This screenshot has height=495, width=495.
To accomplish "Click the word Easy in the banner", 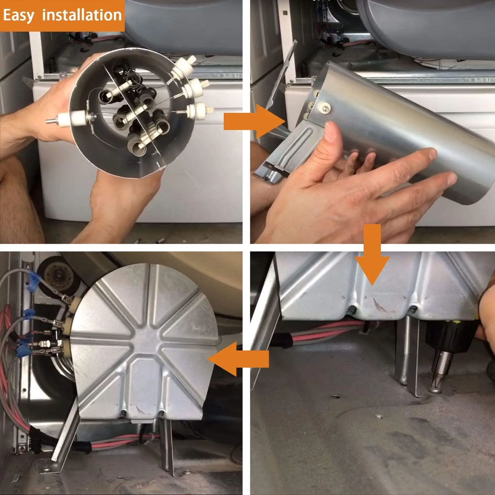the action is (x=18, y=16).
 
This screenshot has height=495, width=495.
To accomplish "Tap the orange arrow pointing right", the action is (x=254, y=122).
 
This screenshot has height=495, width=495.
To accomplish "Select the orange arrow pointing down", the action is (x=372, y=254).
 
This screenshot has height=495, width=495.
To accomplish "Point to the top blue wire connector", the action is (x=34, y=279).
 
